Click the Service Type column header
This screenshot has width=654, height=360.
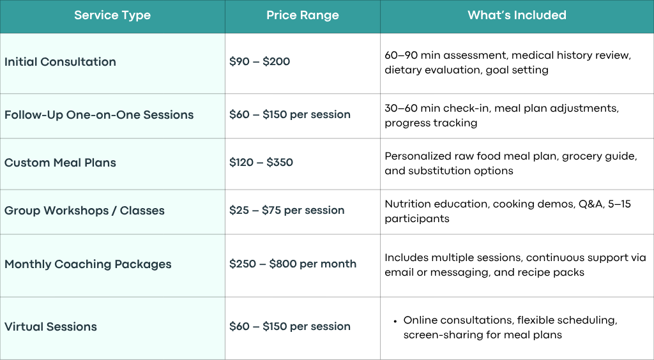point(112,15)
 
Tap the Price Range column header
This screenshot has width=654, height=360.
point(302,15)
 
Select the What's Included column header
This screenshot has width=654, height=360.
point(517,15)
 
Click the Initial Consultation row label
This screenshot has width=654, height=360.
point(60,62)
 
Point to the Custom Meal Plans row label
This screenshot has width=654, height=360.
point(60,163)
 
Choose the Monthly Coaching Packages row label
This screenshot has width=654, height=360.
point(88,264)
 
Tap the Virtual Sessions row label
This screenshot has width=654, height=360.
point(50,327)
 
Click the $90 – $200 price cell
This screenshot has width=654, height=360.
point(259,62)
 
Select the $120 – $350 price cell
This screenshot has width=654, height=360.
point(261,163)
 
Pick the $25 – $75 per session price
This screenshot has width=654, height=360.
point(287,211)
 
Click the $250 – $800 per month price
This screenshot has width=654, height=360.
point(293,264)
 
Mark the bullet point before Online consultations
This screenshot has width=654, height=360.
point(395,321)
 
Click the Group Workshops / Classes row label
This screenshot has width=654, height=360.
point(84,211)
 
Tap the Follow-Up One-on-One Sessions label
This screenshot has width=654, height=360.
point(99,115)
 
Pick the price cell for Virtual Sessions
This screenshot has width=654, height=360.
point(290,327)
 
